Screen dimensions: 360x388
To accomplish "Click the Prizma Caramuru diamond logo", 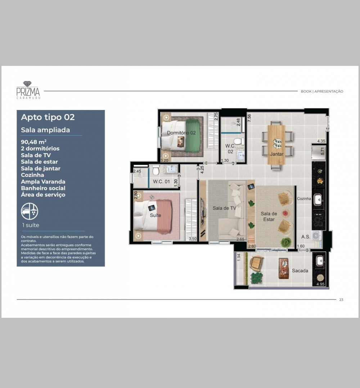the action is click(28, 90).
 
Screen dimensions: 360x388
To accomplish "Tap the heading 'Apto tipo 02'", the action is click(48, 117).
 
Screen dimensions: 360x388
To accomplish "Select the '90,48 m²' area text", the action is click(34, 142).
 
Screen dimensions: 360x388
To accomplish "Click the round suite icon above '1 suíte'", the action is click(30, 211).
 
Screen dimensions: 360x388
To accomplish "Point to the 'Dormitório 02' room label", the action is click(181, 133).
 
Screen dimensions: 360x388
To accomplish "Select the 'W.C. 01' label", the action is click(161, 181).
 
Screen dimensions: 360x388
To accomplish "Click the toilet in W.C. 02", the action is click(239, 142).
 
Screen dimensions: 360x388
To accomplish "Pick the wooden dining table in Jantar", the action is click(276, 145).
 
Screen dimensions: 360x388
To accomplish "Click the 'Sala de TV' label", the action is click(225, 208).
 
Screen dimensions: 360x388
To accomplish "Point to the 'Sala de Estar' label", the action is click(269, 216).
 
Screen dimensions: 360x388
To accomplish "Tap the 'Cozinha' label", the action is click(304, 198).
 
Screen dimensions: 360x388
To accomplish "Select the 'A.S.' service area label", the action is click(306, 237).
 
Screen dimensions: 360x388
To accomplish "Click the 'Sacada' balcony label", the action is click(300, 271).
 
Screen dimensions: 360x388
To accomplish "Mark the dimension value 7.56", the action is click(249, 118).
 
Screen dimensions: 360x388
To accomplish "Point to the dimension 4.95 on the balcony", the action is click(320, 284).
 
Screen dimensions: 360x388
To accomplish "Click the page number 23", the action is click(341, 300).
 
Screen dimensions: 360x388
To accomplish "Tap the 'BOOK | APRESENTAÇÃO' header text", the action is click(322, 91).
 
